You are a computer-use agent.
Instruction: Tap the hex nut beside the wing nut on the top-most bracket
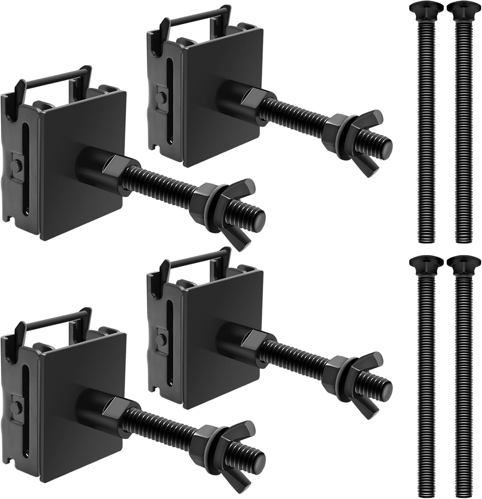pos(336,126)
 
